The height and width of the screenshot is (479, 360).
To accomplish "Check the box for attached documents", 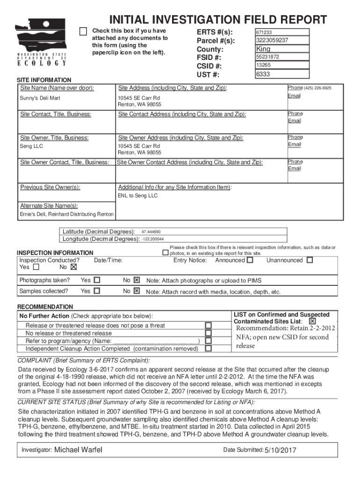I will point(83,31).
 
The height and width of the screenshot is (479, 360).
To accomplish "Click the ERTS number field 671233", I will point(281,32).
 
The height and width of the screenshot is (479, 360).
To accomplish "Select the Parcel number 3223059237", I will point(281,40).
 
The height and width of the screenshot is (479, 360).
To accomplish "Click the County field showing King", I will point(281,49).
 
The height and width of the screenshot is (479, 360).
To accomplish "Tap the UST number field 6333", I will point(281,74).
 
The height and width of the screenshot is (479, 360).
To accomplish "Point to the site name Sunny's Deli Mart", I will point(40,98).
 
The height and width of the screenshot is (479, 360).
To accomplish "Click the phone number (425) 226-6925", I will point(317,88).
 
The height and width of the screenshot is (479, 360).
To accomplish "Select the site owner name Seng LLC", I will point(32,146).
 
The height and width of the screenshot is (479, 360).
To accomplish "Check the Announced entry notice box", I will point(250,260).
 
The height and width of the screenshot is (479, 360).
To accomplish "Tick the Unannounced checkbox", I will point(310,260).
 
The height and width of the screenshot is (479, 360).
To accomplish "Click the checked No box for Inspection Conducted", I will point(72,268).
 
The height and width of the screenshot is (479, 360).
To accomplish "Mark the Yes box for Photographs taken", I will point(97,280).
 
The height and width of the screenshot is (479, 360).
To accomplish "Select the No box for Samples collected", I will point(137,291).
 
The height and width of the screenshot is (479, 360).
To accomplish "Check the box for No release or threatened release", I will point(209,333).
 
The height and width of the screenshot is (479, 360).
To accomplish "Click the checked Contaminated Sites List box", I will point(312,322).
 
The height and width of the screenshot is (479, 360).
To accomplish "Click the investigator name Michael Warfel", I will point(79,450).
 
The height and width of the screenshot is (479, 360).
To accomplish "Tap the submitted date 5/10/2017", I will point(281,450).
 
